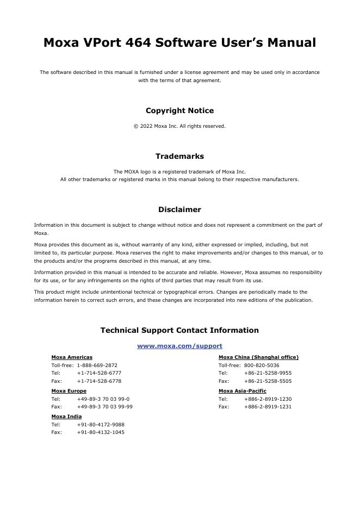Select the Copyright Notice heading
179,110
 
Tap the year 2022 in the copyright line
145,126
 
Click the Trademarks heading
179,156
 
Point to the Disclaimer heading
179,209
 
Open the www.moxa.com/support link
179,346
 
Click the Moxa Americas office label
72,357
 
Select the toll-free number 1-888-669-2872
97,365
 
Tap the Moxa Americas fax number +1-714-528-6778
99,381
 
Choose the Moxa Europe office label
69,391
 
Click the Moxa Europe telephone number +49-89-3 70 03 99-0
103,399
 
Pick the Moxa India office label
66,417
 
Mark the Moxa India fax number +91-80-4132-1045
100,432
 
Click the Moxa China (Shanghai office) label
258,357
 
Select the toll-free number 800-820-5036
262,365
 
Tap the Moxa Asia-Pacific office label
242,391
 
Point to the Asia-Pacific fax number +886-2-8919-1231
268,407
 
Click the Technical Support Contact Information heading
179,330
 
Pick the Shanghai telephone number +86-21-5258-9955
268,373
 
